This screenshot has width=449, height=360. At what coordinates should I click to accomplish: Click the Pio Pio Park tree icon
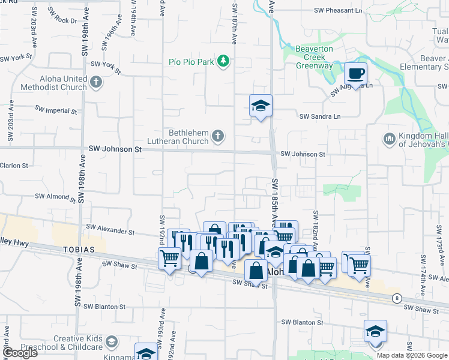pos(223,61)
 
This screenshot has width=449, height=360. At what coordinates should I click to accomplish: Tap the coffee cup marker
pos(355,74)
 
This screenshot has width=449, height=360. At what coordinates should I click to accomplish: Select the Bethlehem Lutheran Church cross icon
pos(218,137)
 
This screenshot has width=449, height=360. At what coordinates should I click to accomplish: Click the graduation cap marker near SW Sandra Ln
pos(261,106)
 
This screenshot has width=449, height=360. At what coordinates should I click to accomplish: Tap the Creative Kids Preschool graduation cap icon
pos(110,342)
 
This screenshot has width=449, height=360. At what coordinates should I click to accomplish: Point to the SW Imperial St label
pos(55,110)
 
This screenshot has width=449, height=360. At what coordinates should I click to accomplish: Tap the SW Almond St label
pos(55,196)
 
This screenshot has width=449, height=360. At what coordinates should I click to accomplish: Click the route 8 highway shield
pos(396,298)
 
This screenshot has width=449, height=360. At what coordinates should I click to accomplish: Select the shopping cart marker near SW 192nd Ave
pos(170,259)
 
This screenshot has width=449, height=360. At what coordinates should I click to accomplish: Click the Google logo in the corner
pos(20,353)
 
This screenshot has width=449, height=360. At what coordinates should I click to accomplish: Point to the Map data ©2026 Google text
pos(411,355)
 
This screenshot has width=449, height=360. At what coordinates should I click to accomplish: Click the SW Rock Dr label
pos(65,20)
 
